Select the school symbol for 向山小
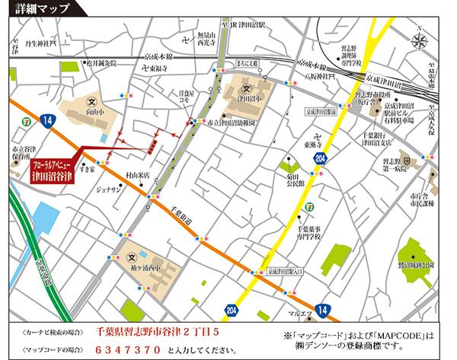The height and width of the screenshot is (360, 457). tap(92, 101)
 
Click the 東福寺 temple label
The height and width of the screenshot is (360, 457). tap(158, 69)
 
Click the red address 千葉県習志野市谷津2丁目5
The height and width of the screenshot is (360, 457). tap(158, 333)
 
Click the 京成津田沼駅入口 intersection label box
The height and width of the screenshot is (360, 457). tap(286, 271)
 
